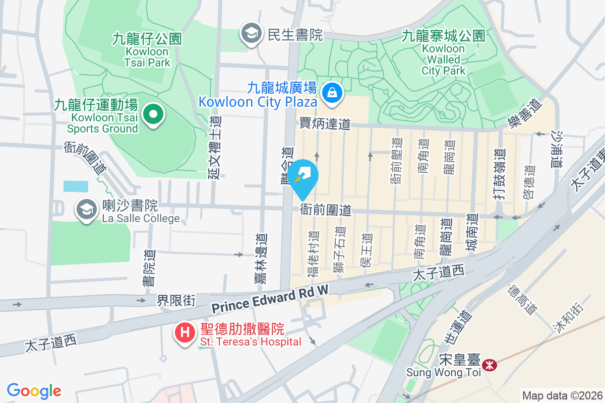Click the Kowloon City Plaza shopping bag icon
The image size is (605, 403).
click(332, 93)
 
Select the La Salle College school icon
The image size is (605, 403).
click(87, 209)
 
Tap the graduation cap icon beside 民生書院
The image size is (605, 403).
click(250, 34)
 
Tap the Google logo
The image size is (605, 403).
click(34, 390)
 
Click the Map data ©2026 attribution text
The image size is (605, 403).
click(562, 395)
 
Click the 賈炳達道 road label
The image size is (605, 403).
click(325, 123)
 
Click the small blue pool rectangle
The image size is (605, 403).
click(75, 186)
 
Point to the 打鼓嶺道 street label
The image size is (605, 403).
click(499, 174)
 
